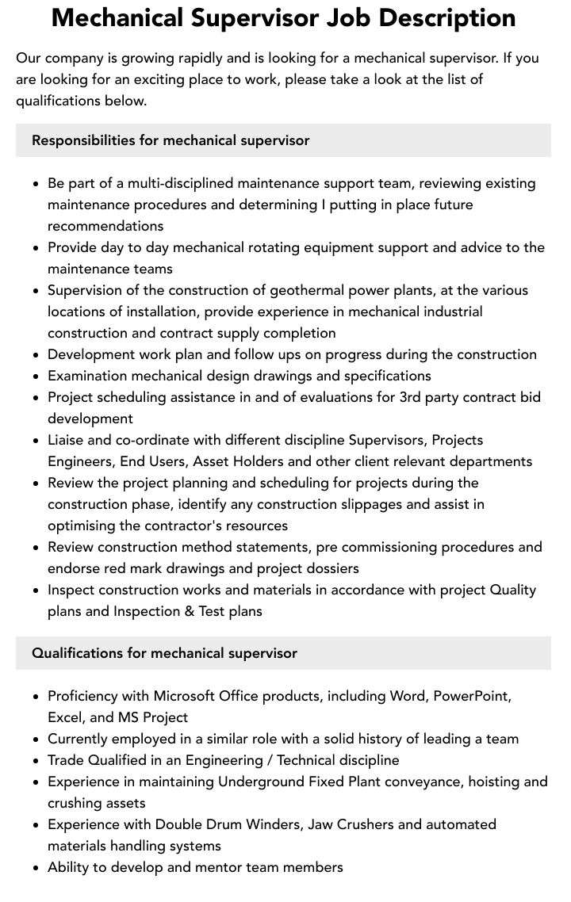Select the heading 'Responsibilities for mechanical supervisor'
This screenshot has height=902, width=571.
click(171, 140)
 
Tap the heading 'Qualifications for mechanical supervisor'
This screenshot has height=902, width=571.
click(164, 653)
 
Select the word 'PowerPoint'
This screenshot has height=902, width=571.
click(472, 696)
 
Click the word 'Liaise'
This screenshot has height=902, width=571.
click(67, 440)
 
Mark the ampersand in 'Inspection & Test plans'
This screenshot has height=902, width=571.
click(187, 611)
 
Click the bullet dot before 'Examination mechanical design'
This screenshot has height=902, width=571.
click(36, 376)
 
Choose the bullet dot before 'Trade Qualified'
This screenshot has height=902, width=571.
click(36, 761)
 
